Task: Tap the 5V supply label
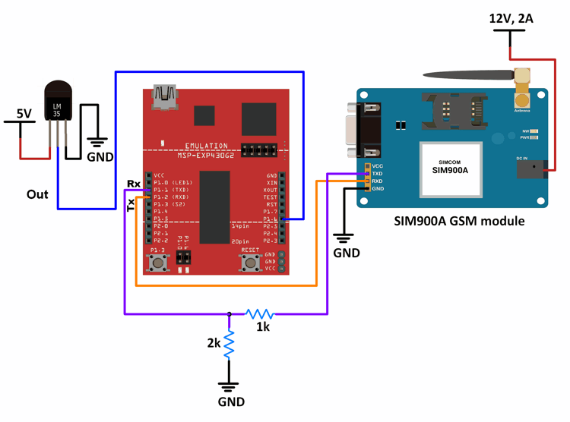[24, 114]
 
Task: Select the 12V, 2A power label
[511, 18]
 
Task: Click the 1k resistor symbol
[260, 313]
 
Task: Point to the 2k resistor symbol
[229, 345]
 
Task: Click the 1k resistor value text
[262, 327]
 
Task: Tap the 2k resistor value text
[213, 343]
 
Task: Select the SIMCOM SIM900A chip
[450, 167]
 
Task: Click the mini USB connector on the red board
[165, 96]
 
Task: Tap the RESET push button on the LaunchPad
[249, 263]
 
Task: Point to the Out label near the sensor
[37, 194]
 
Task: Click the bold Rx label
[133, 184]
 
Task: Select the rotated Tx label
[131, 205]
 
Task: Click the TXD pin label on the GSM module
[378, 174]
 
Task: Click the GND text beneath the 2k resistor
[230, 402]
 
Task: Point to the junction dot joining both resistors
[229, 313]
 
